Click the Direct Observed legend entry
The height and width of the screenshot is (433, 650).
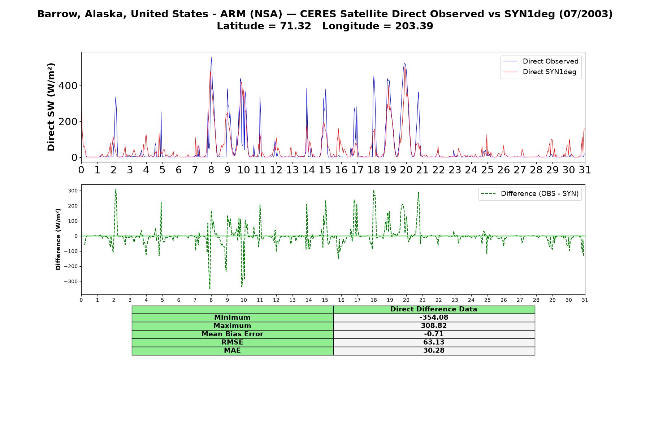(541, 61)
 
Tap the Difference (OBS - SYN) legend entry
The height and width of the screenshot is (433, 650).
(530, 194)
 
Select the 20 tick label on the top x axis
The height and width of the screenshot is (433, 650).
(406, 170)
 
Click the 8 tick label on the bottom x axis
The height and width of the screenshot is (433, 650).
(211, 300)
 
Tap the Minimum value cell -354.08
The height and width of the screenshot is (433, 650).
(434, 318)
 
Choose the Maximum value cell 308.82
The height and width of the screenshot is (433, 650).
(434, 326)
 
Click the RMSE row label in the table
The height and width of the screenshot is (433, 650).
(232, 342)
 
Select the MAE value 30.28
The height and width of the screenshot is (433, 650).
(434, 351)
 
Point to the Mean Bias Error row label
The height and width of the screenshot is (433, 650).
(232, 334)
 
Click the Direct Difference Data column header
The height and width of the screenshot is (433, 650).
(434, 309)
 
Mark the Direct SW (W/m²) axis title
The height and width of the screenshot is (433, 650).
(51, 107)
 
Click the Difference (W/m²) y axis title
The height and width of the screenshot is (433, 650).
(58, 239)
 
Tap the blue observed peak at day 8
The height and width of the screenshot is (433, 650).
(211, 57)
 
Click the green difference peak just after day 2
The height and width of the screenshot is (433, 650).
(116, 189)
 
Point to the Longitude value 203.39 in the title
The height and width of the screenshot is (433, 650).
(414, 26)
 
